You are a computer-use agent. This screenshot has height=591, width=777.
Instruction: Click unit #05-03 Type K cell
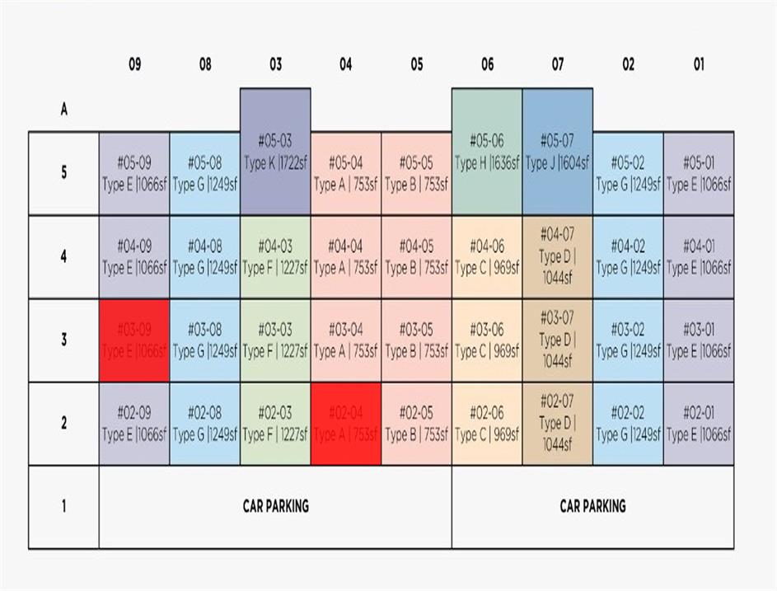click(x=275, y=152)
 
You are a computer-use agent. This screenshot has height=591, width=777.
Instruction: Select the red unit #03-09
click(x=134, y=340)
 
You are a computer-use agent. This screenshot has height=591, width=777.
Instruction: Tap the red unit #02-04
click(x=346, y=424)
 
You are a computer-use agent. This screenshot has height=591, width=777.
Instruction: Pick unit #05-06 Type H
click(x=487, y=152)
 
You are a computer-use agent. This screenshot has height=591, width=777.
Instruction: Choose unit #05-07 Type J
click(x=558, y=152)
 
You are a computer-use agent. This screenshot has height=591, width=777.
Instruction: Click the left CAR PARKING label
click(x=275, y=506)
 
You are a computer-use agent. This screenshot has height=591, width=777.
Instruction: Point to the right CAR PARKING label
click(x=592, y=506)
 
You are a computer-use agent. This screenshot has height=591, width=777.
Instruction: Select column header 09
click(x=134, y=65)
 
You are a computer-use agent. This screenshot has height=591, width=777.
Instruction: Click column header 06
click(x=487, y=65)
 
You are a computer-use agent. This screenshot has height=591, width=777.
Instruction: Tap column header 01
click(x=699, y=65)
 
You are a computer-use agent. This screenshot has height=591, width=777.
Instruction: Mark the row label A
click(x=63, y=110)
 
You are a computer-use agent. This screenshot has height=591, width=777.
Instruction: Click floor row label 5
click(x=63, y=173)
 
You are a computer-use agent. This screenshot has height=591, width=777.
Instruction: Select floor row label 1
click(x=63, y=506)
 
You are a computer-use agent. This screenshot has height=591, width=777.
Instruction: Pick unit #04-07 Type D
click(x=558, y=256)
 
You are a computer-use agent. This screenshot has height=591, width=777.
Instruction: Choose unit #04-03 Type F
click(x=275, y=256)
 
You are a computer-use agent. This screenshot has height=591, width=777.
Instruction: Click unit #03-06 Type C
click(x=487, y=340)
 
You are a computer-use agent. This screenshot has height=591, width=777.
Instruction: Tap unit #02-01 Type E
click(x=699, y=424)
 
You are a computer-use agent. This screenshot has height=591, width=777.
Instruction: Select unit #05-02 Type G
click(x=628, y=173)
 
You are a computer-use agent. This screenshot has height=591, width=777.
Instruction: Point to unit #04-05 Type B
click(x=416, y=256)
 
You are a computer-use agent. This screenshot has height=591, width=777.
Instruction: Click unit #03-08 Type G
click(x=204, y=340)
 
